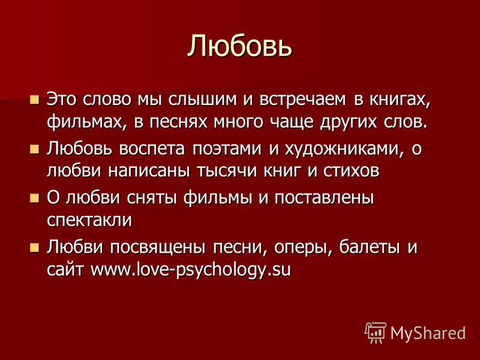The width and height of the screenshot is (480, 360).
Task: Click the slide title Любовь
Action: pyautogui.click(x=239, y=46)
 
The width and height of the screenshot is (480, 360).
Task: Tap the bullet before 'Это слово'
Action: pyautogui.click(x=35, y=100)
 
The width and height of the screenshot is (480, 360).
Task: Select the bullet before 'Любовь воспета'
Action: pyautogui.click(x=35, y=149)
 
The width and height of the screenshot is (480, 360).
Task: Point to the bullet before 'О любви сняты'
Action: pyautogui.click(x=35, y=199)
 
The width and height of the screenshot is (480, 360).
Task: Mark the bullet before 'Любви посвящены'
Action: pyautogui.click(x=35, y=247)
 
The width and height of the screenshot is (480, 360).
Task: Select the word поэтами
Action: pyautogui.click(x=227, y=149)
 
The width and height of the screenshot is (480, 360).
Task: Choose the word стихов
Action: pyautogui.click(x=352, y=171)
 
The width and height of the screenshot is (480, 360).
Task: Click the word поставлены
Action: pyautogui.click(x=324, y=199)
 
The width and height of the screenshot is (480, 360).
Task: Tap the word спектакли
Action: pyautogui.click(x=89, y=220)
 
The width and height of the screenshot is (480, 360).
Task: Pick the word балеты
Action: pyautogui.click(x=370, y=247)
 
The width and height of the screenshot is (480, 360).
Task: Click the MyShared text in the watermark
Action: pyautogui.click(x=428, y=333)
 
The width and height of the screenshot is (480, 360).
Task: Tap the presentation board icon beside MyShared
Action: pyautogui.click(x=376, y=333)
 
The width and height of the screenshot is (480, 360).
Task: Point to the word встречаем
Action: pyautogui.click(x=303, y=100)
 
